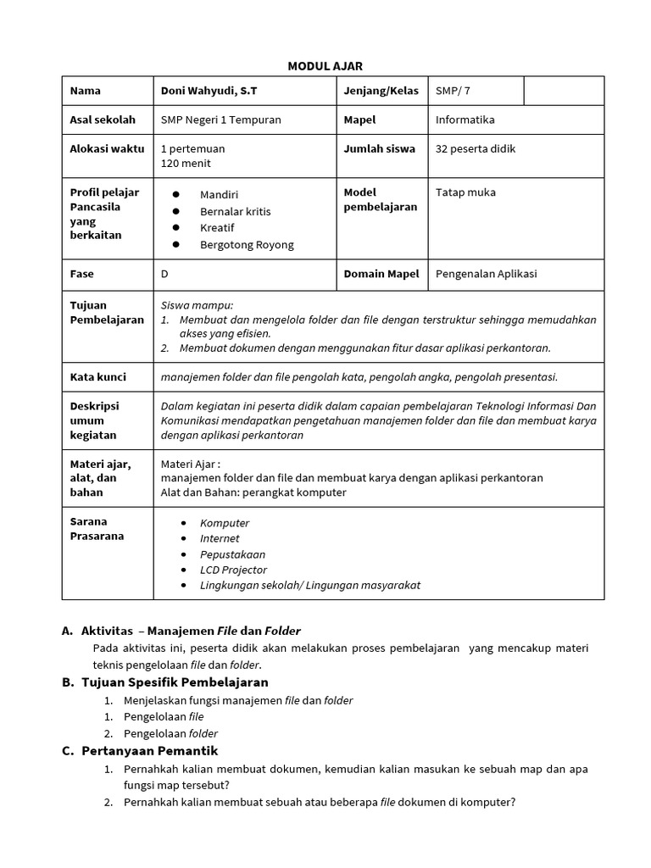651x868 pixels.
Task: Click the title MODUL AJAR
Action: click(325, 66)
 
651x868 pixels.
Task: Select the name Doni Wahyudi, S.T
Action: click(209, 91)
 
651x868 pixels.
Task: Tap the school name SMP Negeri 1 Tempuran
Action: click(220, 120)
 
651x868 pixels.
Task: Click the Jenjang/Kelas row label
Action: click(381, 91)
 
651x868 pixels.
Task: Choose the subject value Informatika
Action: click(465, 120)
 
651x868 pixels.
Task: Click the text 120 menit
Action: click(186, 163)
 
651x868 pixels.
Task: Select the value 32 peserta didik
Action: click(475, 148)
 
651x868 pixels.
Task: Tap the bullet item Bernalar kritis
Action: click(235, 211)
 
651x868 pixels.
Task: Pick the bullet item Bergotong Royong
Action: click(247, 245)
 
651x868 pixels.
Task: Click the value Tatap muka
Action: click(465, 192)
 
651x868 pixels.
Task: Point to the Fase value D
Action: click(164, 274)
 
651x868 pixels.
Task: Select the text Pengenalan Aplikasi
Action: click(486, 274)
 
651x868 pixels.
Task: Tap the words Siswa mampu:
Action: click(197, 305)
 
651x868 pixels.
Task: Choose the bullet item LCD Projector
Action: click(233, 570)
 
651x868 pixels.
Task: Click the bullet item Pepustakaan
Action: click(232, 554)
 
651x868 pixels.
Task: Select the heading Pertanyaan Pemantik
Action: click(149, 751)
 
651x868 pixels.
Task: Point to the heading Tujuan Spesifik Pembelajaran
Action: click(175, 682)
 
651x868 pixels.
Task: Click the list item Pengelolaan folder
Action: click(170, 733)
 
